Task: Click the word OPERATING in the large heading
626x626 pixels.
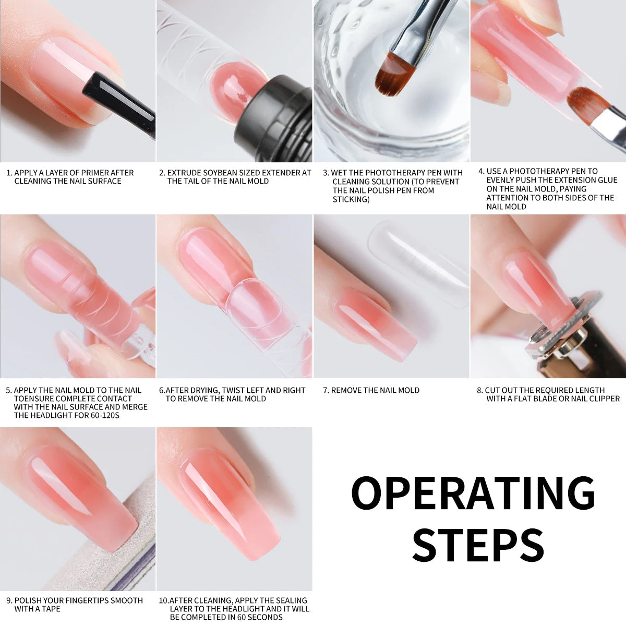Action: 473,492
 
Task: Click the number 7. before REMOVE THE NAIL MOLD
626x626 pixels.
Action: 326,390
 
